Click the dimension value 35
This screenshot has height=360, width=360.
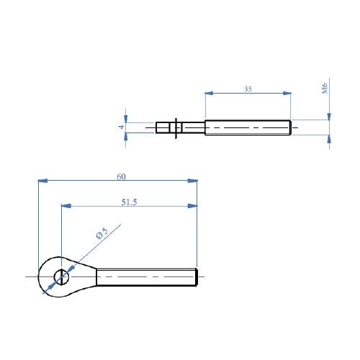coord(248,89)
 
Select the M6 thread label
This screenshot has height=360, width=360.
coord(325,89)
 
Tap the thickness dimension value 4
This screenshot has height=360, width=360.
coord(122,127)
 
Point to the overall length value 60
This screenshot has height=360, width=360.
coord(120,176)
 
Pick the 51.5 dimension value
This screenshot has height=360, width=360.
coord(129,202)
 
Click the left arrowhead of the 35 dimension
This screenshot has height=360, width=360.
coord(210,93)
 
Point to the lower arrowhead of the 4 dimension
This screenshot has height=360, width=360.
coord(126,138)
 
